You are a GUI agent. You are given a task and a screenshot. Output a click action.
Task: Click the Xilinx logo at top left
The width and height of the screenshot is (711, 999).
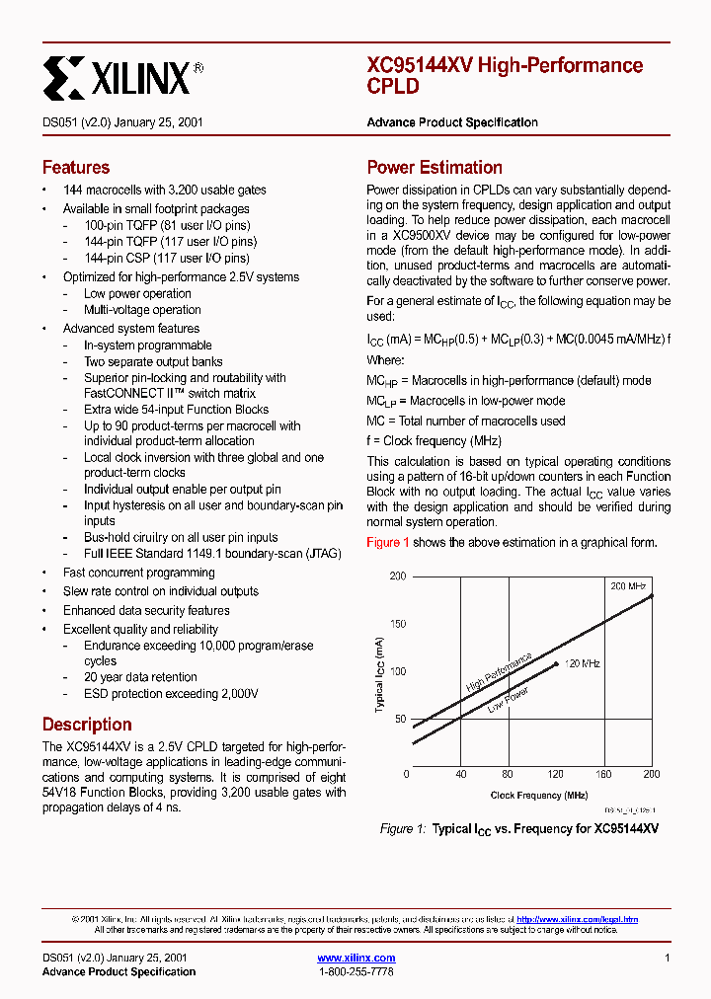click(x=122, y=76)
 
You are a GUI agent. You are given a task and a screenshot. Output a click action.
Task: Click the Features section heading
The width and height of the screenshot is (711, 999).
click(x=76, y=168)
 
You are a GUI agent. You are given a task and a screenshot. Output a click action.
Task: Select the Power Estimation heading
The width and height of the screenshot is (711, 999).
click(x=434, y=168)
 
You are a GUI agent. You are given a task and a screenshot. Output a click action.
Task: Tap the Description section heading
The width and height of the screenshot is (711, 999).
click(x=87, y=724)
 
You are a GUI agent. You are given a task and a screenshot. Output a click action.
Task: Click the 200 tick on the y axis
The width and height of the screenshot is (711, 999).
click(x=397, y=576)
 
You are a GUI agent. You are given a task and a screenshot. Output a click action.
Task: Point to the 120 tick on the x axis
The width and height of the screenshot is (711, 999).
click(x=555, y=775)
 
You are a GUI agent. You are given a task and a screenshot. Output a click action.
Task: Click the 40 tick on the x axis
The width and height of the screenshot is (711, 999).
click(x=459, y=775)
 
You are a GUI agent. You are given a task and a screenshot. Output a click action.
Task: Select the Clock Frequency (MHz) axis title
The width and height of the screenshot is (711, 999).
click(x=539, y=796)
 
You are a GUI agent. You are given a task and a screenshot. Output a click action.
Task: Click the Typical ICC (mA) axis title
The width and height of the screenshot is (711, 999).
click(x=380, y=674)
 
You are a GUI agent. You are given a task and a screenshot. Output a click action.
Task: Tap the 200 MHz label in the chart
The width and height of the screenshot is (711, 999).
click(x=628, y=586)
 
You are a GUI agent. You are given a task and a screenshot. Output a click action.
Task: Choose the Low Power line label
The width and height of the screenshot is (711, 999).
click(x=509, y=699)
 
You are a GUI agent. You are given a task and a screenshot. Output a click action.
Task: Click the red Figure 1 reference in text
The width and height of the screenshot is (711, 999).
click(x=388, y=542)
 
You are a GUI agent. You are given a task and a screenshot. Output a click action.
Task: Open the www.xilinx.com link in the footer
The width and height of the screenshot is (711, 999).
click(x=356, y=958)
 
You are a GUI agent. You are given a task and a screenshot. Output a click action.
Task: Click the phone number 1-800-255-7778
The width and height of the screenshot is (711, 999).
click(x=356, y=972)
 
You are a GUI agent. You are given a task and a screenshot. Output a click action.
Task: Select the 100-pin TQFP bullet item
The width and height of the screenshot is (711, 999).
click(x=169, y=225)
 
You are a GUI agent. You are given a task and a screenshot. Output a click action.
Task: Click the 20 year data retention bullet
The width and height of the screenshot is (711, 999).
click(x=140, y=677)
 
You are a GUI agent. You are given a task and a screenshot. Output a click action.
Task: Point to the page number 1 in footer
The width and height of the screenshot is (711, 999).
click(x=668, y=958)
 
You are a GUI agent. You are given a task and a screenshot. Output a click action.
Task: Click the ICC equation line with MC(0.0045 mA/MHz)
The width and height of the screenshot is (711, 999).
click(x=518, y=339)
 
